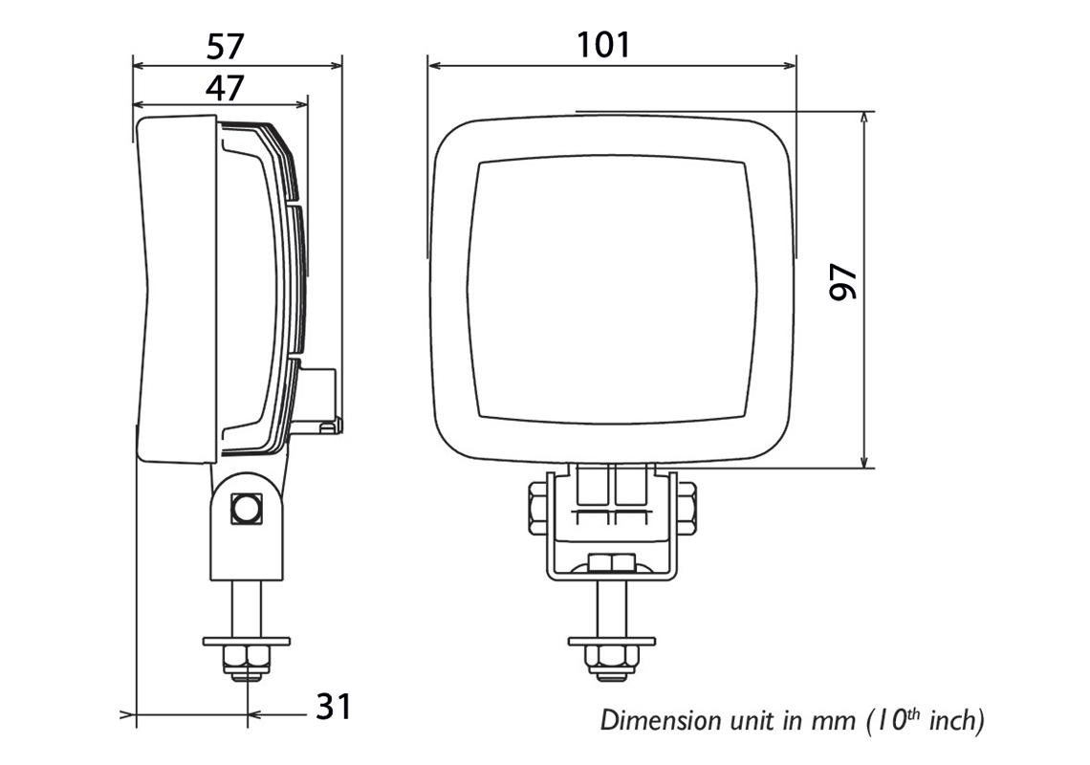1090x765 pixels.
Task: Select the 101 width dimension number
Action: [x=604, y=44]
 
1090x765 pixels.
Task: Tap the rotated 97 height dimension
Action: [x=844, y=285]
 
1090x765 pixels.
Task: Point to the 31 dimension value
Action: [x=334, y=708]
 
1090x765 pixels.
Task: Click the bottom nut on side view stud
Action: [x=247, y=662]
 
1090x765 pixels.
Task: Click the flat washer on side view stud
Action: [x=247, y=640]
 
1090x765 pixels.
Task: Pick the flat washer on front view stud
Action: [x=611, y=640]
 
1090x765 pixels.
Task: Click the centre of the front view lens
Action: [x=612, y=290]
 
